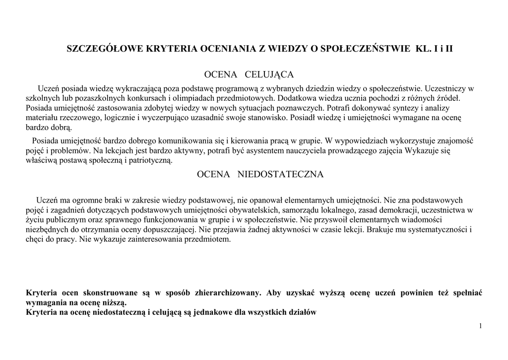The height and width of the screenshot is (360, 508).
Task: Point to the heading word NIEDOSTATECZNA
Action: coord(281,174)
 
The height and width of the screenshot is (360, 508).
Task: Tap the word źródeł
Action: coord(448,98)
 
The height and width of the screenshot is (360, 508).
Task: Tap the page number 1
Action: coord(481,325)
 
